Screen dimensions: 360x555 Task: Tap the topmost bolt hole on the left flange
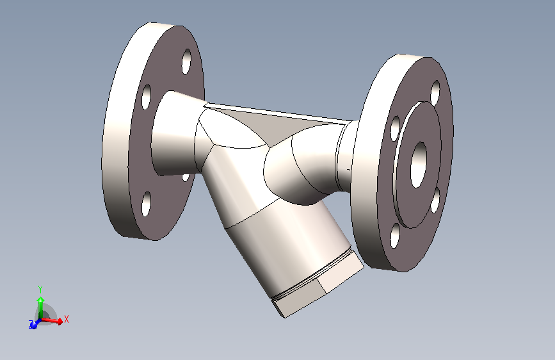[x=187, y=61]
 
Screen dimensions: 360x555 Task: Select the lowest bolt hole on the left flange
[x=147, y=204]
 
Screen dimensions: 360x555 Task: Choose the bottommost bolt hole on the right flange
[x=396, y=236]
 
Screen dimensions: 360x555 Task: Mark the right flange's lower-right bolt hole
[x=435, y=200]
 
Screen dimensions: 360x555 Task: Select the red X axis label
[x=67, y=318]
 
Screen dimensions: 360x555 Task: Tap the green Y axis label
[x=40, y=288]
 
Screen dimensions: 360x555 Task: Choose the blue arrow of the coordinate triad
[x=34, y=324]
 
